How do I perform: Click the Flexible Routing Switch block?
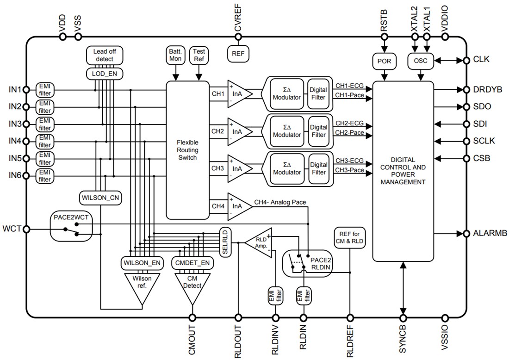click(x=187, y=150)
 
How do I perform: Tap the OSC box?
click(x=420, y=60)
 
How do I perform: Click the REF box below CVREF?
click(x=238, y=54)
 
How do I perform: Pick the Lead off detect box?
click(x=105, y=56)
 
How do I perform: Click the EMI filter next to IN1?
click(x=45, y=89)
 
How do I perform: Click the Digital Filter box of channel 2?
click(x=318, y=131)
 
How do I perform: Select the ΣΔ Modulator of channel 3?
click(x=287, y=168)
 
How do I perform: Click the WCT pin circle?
click(x=26, y=229)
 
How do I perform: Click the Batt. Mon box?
click(x=175, y=56)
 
